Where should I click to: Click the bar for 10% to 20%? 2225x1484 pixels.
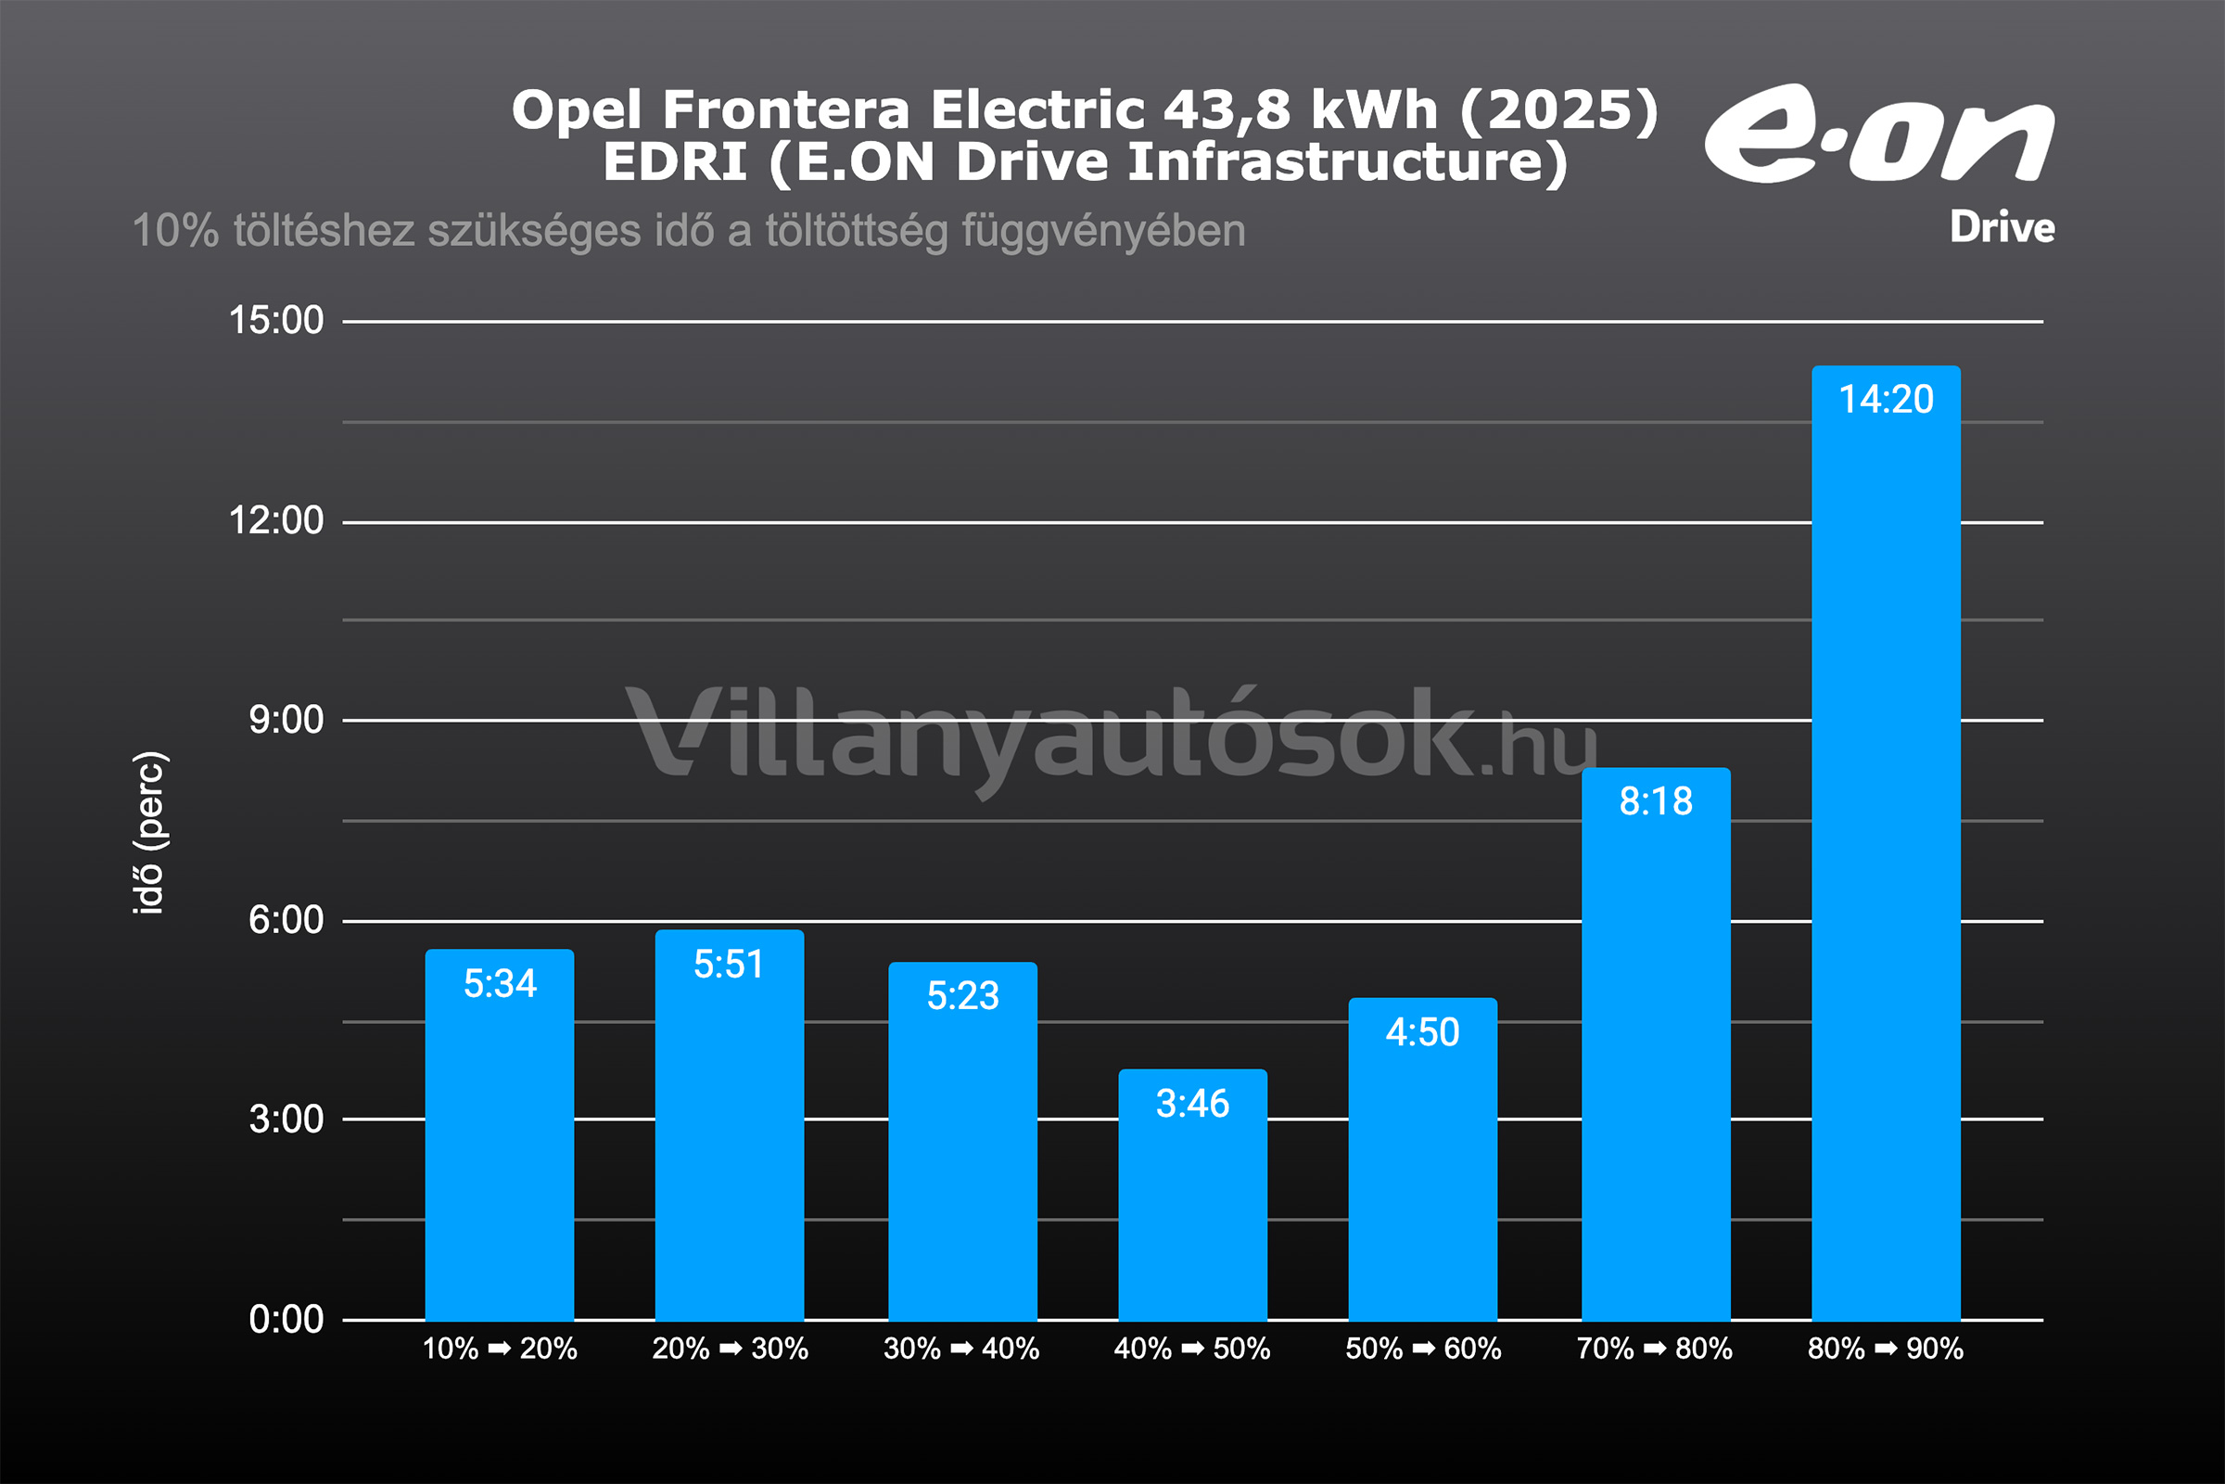click(x=500, y=1135)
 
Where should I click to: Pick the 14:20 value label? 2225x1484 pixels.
click(x=1886, y=400)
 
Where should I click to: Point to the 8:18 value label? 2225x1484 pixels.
click(x=1656, y=801)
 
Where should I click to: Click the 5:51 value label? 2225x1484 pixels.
click(x=729, y=965)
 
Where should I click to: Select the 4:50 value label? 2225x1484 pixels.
click(x=1423, y=1032)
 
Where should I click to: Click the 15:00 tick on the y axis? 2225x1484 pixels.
click(x=276, y=321)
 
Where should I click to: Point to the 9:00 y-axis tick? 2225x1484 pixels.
click(x=286, y=721)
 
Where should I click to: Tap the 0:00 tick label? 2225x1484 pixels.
click(x=286, y=1319)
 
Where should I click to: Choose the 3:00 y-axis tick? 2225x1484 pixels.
click(x=286, y=1119)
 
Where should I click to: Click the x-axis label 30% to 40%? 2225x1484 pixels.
click(x=961, y=1349)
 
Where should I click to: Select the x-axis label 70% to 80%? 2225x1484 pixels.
click(x=1655, y=1349)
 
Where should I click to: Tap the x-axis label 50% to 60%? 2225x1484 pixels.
click(x=1424, y=1349)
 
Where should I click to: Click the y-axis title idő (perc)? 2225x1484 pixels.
click(x=149, y=833)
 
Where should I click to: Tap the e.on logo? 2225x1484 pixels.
click(x=1879, y=134)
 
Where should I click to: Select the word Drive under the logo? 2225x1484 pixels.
click(x=2002, y=228)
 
